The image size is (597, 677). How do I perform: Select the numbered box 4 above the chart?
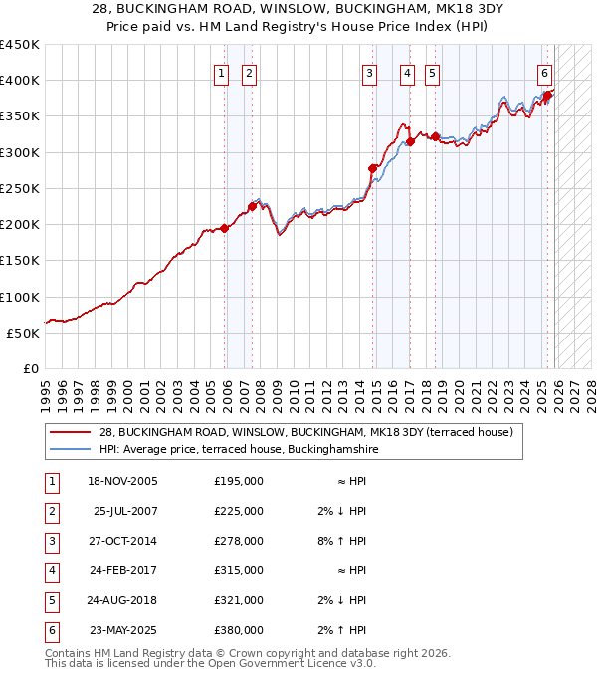(408, 72)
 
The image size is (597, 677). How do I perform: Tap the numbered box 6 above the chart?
(545, 72)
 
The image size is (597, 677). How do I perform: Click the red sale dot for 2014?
(373, 168)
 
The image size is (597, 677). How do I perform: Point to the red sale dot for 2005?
(225, 228)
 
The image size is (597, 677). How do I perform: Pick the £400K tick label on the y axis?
(20, 81)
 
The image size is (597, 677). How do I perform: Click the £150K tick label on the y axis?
(20, 261)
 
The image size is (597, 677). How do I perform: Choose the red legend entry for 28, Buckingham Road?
(304, 432)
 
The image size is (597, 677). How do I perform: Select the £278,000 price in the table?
(239, 541)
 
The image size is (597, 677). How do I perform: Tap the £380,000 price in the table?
(239, 630)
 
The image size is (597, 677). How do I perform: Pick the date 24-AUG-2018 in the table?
(123, 600)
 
